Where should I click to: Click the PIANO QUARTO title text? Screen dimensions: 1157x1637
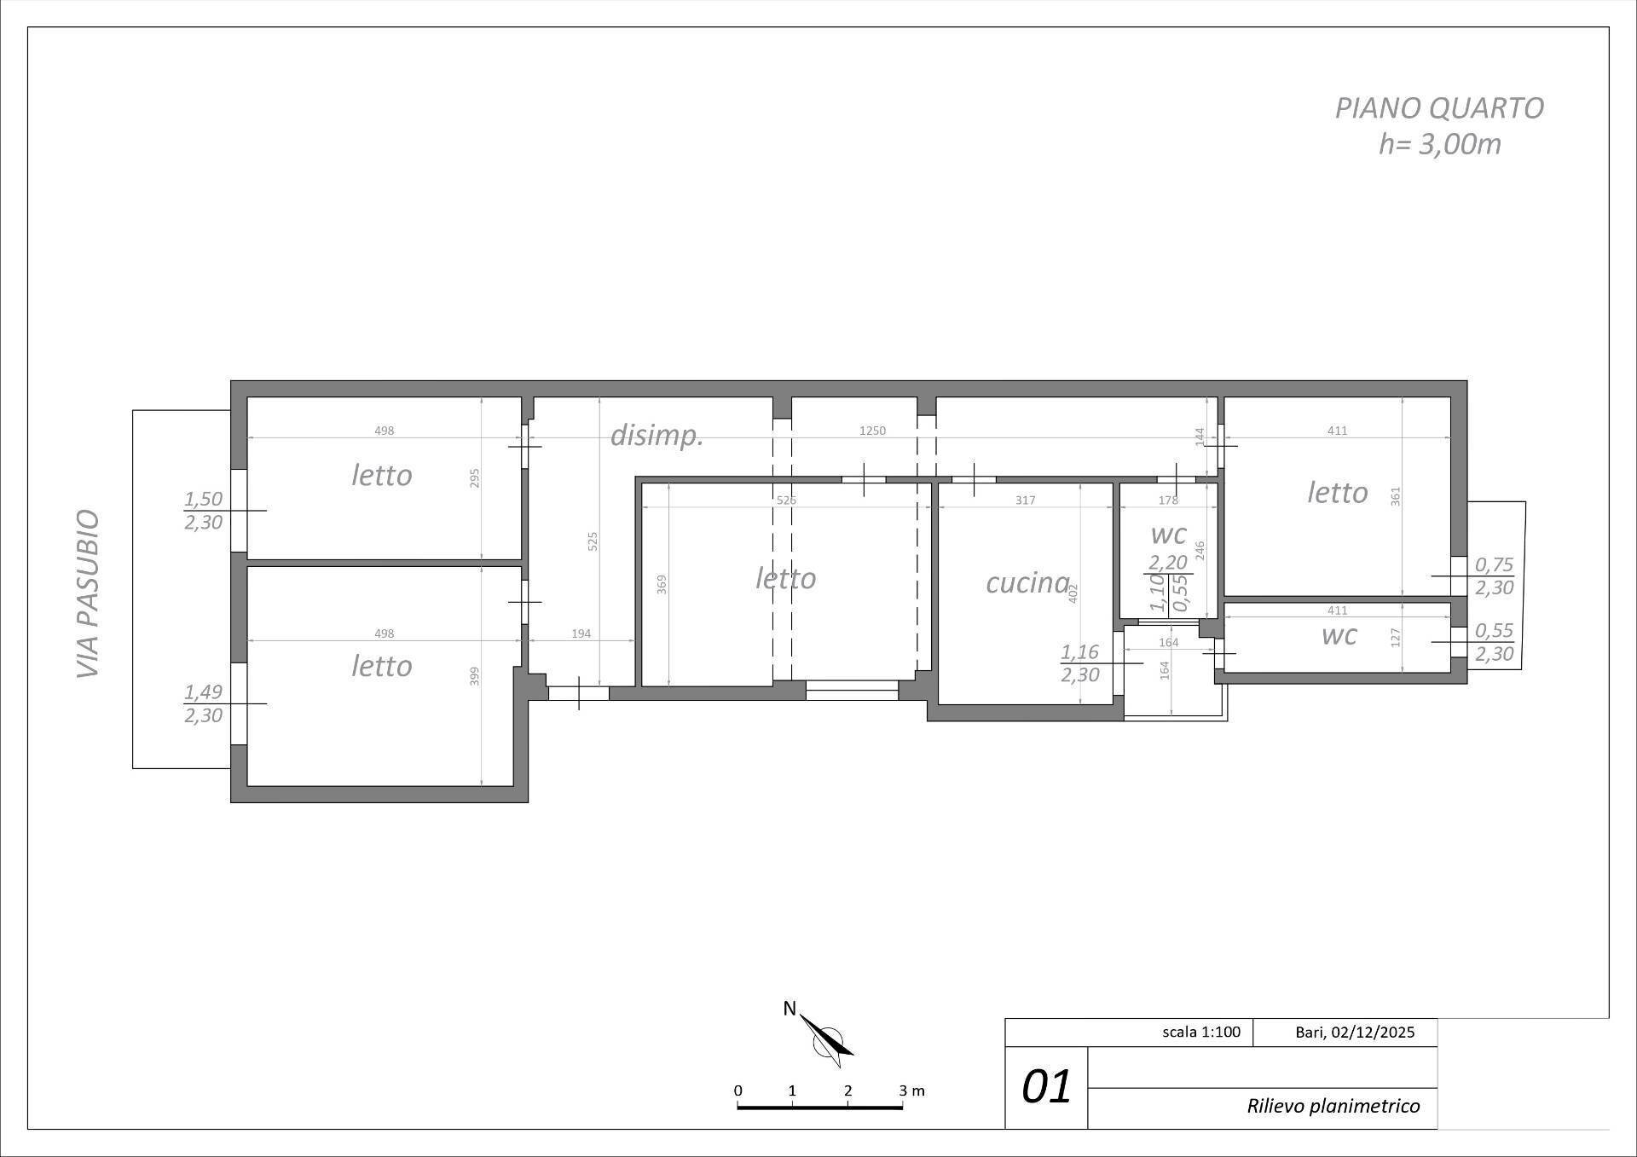point(1438,108)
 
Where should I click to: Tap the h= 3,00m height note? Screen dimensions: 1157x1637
point(1439,145)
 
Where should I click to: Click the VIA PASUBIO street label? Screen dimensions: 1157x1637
point(89,593)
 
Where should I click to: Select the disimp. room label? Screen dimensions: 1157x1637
point(657,436)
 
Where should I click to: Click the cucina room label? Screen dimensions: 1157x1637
point(1027,583)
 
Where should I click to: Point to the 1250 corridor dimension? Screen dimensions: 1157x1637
point(872,431)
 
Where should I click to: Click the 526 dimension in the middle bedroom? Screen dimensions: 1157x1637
point(785,500)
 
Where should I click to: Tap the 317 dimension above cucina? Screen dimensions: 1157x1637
point(1025,500)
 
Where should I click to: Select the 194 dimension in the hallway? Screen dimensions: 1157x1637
point(581,633)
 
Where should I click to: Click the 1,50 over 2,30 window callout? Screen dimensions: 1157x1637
point(203,510)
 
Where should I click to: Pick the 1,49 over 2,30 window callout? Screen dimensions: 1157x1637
point(203,703)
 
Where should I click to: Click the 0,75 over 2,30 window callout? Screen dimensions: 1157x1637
point(1494,576)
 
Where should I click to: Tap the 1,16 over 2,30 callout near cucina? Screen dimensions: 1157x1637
point(1079,663)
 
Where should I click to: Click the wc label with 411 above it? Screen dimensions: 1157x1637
point(1339,636)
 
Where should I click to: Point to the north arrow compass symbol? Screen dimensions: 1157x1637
point(825,1038)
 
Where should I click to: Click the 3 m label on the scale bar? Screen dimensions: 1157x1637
point(911,1090)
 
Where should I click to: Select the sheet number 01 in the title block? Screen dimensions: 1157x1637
point(1045,1088)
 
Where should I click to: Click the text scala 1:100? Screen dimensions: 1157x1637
point(1200,1032)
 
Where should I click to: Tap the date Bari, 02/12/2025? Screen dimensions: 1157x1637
point(1355,1032)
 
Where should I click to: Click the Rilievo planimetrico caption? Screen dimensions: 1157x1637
point(1333,1107)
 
